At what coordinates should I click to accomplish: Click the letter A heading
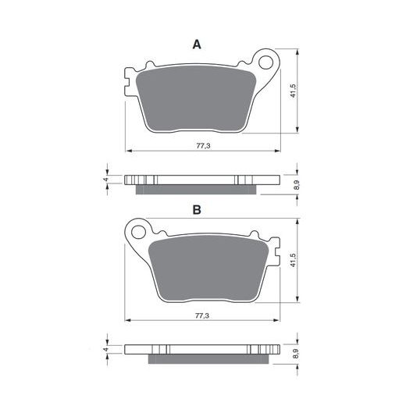tap(197, 45)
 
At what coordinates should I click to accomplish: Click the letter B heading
tap(197, 209)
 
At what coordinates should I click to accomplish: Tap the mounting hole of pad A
tap(265, 62)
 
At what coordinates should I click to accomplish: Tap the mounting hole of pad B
tap(139, 232)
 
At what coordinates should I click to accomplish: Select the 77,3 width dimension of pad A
tap(203, 146)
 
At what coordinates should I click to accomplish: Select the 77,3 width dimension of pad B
tap(202, 315)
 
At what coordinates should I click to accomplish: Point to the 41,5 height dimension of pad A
tap(294, 91)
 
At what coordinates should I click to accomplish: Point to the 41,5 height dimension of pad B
tap(294, 260)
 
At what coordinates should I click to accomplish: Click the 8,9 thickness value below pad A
tap(297, 185)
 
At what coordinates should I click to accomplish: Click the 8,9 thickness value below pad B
tap(296, 354)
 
